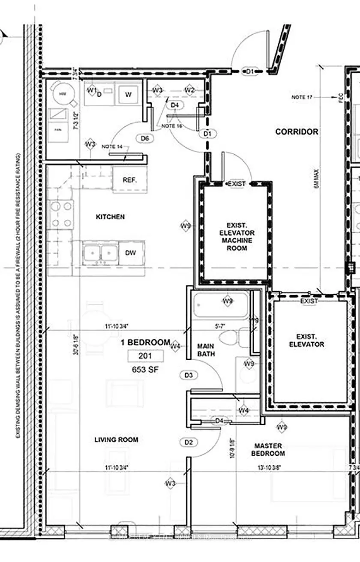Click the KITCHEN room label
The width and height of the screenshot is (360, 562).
[x=110, y=217]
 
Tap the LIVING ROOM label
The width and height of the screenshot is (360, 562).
[x=117, y=439]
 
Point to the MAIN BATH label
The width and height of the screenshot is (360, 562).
[x=206, y=350]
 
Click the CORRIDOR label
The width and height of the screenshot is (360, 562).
[x=297, y=132]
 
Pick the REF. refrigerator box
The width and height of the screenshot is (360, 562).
[x=130, y=180]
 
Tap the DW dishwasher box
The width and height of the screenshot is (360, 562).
[x=131, y=253]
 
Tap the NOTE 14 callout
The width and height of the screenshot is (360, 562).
[x=112, y=146]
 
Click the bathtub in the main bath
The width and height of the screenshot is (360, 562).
[x=220, y=305]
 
